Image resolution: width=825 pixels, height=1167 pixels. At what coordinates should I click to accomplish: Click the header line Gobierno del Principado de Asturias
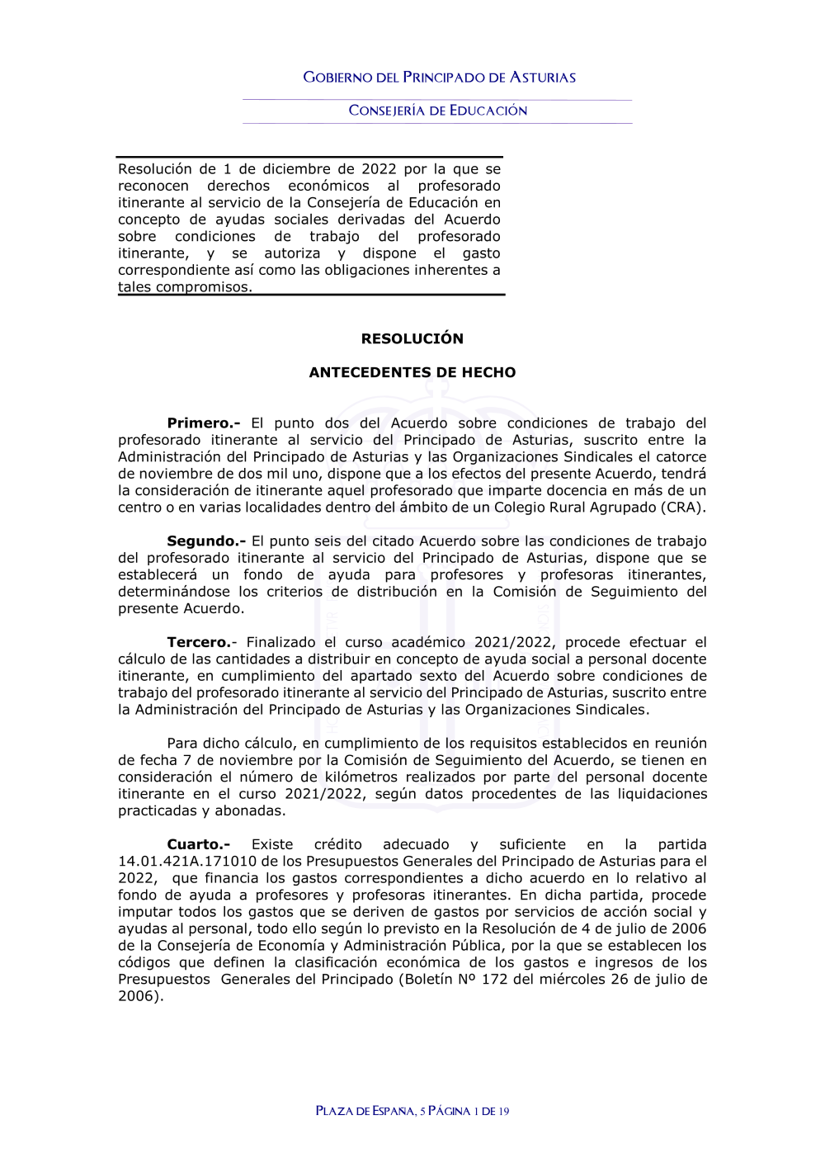(439, 78)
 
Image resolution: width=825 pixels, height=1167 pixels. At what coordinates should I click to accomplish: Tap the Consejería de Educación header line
(437, 111)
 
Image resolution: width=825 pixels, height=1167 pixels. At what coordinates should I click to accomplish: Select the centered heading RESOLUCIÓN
(412, 338)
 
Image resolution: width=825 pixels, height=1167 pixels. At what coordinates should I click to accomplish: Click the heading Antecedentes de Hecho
(412, 372)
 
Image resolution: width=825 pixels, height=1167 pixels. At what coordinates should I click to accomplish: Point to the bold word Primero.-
(203, 423)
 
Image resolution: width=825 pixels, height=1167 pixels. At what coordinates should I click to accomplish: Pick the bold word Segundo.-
(205, 541)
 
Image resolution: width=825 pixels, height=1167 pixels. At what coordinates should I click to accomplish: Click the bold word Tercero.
(199, 642)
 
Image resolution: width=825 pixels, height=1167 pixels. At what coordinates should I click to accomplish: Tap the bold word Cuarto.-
(198, 844)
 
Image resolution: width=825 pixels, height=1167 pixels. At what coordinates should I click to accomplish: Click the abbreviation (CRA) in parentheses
(682, 508)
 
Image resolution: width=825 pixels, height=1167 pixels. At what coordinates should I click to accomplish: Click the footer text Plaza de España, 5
(370, 1111)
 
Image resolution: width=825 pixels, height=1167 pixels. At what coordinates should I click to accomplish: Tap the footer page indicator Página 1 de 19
(469, 1111)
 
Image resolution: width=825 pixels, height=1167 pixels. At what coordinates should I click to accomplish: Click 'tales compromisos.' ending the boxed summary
(185, 287)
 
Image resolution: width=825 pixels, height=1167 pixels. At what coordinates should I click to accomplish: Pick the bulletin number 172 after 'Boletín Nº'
(494, 980)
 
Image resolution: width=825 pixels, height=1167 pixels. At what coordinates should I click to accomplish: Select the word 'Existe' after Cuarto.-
(272, 844)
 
